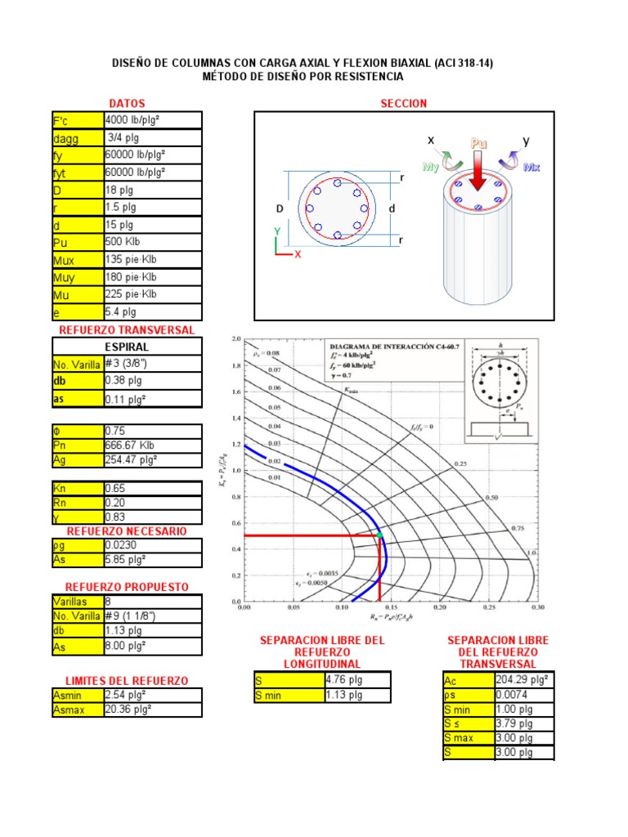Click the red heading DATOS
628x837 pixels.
point(127,104)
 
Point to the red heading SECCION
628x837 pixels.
point(404,104)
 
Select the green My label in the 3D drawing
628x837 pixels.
point(430,167)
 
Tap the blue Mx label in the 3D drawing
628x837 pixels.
point(532,167)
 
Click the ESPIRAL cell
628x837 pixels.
point(127,347)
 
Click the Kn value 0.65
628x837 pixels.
point(114,487)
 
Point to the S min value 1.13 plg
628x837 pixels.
point(343,696)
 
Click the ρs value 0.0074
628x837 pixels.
point(510,695)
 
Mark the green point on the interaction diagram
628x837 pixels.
point(379,535)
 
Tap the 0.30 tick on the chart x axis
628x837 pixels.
point(537,608)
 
